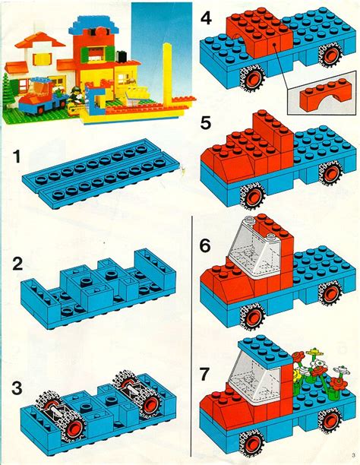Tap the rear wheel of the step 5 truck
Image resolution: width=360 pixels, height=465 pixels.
(331, 172)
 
